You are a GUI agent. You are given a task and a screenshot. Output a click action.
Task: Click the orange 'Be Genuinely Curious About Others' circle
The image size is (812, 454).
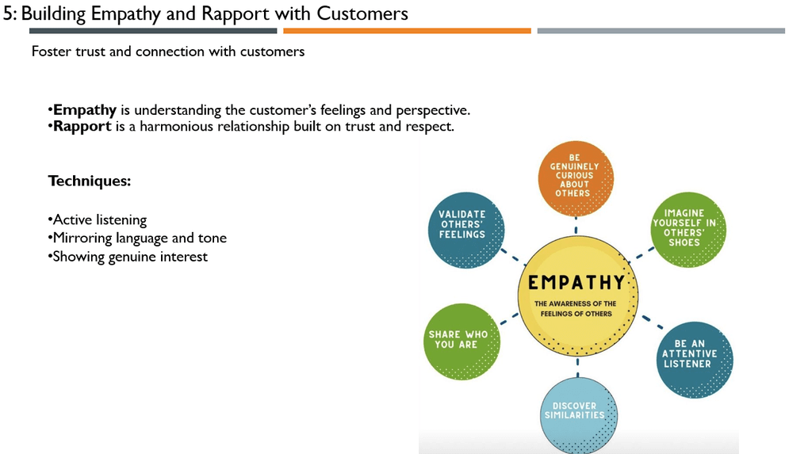576,178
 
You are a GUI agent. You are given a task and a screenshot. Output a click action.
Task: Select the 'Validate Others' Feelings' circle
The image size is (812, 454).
466,231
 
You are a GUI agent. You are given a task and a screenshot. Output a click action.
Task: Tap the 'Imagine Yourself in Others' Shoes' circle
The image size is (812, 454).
688,230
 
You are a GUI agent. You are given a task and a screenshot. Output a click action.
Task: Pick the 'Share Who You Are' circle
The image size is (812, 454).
462,341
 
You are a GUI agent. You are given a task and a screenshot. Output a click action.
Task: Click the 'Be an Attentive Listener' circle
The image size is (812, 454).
695,360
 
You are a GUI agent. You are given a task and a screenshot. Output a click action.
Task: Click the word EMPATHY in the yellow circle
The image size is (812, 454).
576,283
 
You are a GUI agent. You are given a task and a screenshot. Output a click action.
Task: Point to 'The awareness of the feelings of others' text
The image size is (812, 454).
576,308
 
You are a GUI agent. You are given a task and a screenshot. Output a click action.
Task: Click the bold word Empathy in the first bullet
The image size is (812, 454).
85,110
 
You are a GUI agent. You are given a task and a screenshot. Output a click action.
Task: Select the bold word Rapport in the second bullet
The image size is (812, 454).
82,126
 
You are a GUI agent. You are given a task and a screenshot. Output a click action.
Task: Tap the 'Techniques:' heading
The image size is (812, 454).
90,181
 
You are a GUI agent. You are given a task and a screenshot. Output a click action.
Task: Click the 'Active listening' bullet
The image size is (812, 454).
98,220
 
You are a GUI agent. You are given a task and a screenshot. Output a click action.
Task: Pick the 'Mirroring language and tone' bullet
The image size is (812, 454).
137,238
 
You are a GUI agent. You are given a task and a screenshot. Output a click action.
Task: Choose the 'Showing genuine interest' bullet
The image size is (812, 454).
128,257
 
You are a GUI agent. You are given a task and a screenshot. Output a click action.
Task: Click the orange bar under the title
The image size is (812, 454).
407,31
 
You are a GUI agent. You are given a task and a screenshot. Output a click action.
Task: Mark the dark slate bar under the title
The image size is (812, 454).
153,31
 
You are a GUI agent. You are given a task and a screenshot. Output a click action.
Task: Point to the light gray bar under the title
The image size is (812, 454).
661,31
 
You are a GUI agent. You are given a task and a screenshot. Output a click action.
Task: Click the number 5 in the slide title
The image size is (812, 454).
7,14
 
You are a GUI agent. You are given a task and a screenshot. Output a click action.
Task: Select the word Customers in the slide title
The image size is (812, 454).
362,14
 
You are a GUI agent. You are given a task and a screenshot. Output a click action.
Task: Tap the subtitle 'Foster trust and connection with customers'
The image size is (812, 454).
168,52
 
